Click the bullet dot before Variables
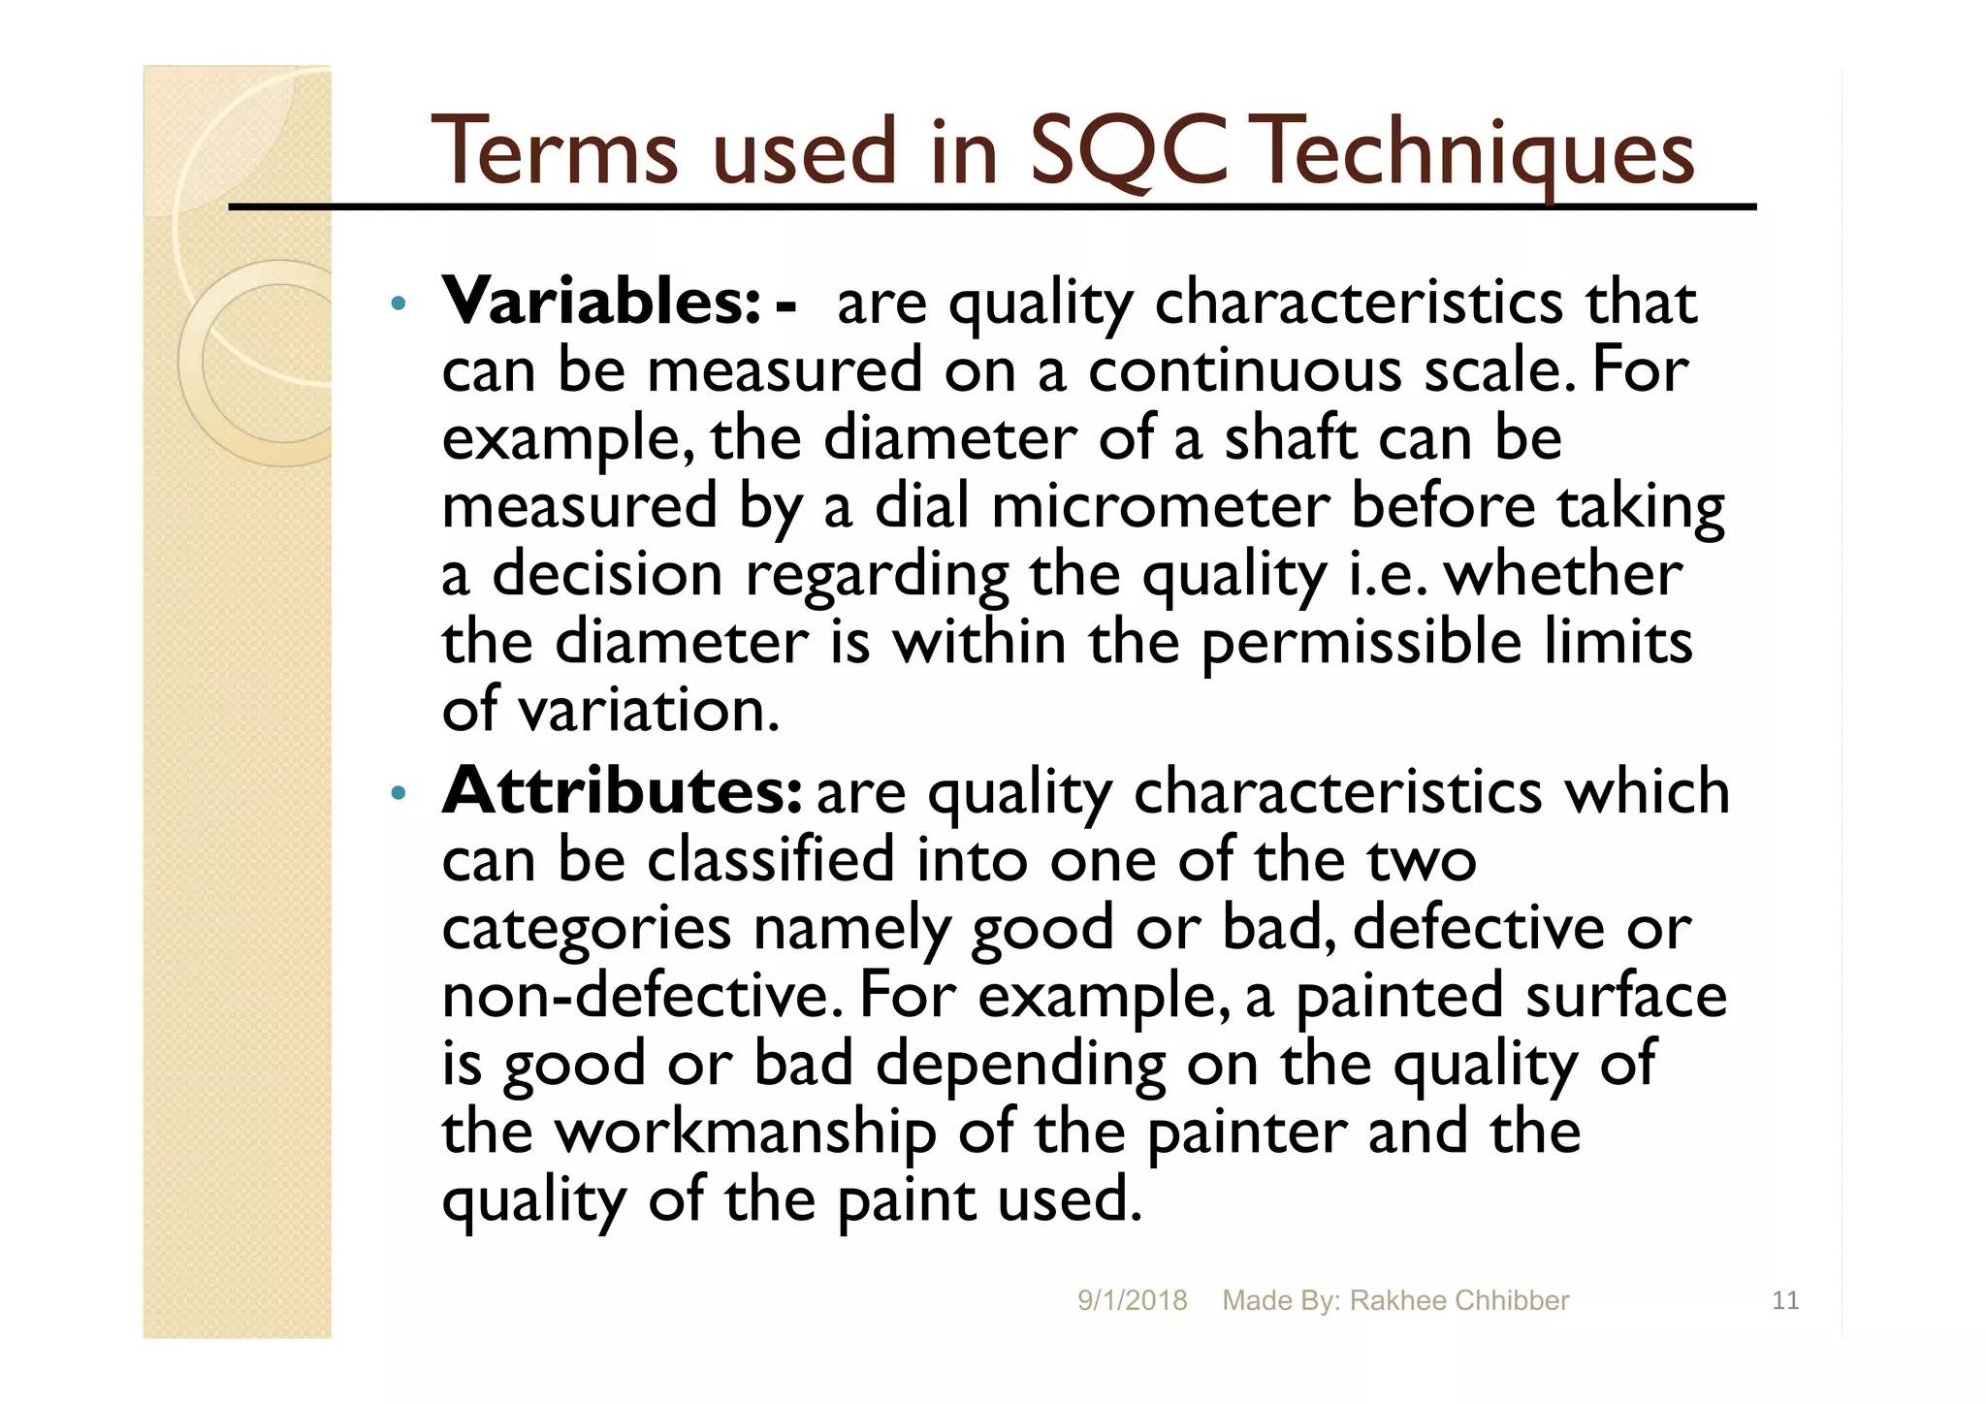coord(397,304)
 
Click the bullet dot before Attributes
coord(397,794)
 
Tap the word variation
coord(648,710)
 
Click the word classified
coord(770,859)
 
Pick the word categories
coord(586,929)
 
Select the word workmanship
coord(744,1133)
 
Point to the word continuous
coord(1244,370)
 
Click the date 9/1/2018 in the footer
coord(1132,1300)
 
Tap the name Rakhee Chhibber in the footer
coord(1458,1300)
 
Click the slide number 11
coord(1784,1300)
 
